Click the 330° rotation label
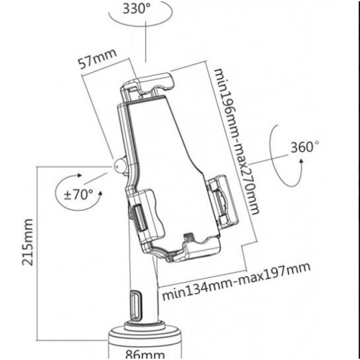(137, 9)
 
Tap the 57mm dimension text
(97, 59)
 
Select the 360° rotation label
(305, 147)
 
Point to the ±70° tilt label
(79, 195)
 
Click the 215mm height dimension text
(27, 242)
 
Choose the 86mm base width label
(145, 354)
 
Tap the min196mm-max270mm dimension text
(237, 141)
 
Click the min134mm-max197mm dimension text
(236, 281)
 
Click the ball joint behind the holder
(119, 165)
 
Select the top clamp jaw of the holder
(148, 84)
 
